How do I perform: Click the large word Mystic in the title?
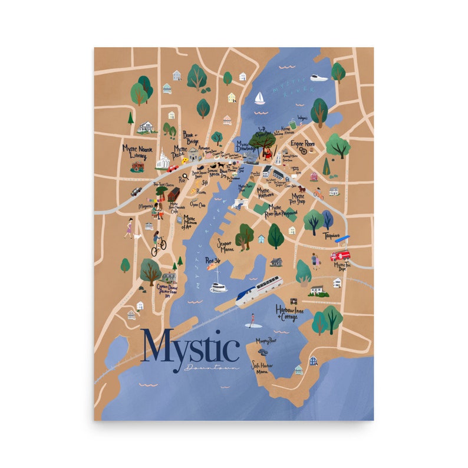pos(190,350)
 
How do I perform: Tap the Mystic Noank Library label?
pos(136,151)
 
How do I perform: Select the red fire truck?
pos(340,256)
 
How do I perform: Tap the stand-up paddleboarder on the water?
pos(252,320)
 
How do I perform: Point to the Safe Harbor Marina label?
pos(264,368)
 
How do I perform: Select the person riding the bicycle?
pos(158,243)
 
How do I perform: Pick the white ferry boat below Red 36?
pos(219,287)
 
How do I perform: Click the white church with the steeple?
pos(163,159)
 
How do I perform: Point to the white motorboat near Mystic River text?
pos(318,77)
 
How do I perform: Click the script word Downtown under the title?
pos(212,368)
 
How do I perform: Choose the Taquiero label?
pos(332,236)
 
